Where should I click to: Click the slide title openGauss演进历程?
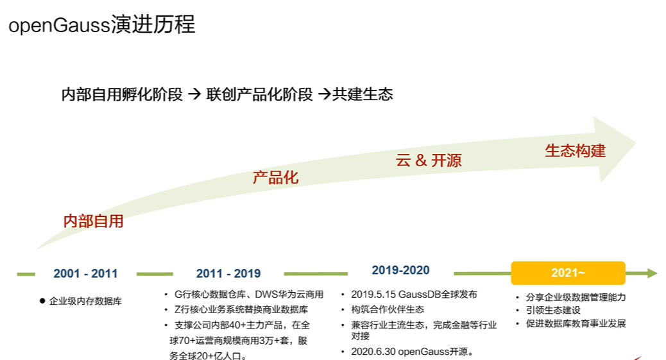click(x=102, y=24)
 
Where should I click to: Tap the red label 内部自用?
click(x=94, y=221)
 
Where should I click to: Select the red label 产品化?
click(x=276, y=177)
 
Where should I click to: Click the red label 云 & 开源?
click(x=429, y=160)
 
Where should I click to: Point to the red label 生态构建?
click(x=576, y=150)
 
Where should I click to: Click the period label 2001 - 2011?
click(x=85, y=273)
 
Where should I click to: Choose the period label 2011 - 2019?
click(x=228, y=273)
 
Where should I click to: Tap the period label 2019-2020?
click(x=400, y=270)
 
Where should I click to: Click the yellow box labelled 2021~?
click(x=568, y=273)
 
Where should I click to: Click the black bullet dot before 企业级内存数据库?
click(x=42, y=301)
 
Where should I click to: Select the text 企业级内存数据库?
click(x=86, y=301)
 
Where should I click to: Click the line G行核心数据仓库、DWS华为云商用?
click(x=249, y=294)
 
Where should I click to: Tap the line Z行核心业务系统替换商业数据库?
click(x=241, y=309)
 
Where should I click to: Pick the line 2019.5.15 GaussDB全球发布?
click(x=414, y=294)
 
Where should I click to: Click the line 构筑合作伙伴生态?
click(x=388, y=309)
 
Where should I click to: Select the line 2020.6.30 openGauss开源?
click(x=413, y=352)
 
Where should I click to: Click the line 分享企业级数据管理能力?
click(x=576, y=297)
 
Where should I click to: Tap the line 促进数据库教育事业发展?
click(x=576, y=323)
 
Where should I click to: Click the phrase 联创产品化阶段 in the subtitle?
click(x=259, y=94)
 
